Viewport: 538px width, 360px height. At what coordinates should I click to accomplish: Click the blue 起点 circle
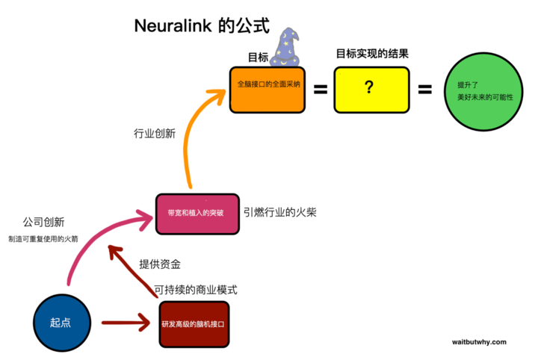click(x=62, y=323)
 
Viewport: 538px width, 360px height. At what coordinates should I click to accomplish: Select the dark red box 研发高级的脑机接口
click(x=194, y=324)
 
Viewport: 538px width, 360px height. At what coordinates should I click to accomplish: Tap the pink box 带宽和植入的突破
click(x=197, y=214)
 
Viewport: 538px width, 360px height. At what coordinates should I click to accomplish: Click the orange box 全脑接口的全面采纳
click(x=268, y=90)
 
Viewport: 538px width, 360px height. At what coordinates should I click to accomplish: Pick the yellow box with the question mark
click(x=371, y=90)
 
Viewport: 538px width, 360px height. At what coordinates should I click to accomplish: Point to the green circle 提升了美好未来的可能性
click(x=483, y=92)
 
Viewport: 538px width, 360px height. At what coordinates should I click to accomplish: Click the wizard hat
click(x=285, y=47)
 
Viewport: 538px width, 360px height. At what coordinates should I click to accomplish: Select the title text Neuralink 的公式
click(x=202, y=25)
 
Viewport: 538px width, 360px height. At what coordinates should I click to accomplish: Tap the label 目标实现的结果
click(x=372, y=54)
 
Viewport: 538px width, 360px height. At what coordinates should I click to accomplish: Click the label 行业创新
click(x=155, y=134)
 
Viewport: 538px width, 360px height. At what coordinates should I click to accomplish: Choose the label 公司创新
click(x=43, y=222)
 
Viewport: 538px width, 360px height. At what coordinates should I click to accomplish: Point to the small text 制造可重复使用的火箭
click(x=43, y=239)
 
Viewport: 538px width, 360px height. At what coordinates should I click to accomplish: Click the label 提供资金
click(x=160, y=264)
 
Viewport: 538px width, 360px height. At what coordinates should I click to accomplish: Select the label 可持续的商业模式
click(x=196, y=290)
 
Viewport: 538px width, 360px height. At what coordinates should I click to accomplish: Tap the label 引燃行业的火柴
click(x=280, y=212)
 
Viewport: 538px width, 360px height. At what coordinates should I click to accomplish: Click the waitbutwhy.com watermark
click(x=479, y=342)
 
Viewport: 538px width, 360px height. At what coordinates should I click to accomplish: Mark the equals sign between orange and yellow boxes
click(x=321, y=90)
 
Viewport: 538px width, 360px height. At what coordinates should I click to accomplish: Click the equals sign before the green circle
click(x=424, y=90)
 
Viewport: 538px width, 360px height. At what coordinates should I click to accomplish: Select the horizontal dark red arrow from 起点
click(x=126, y=323)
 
